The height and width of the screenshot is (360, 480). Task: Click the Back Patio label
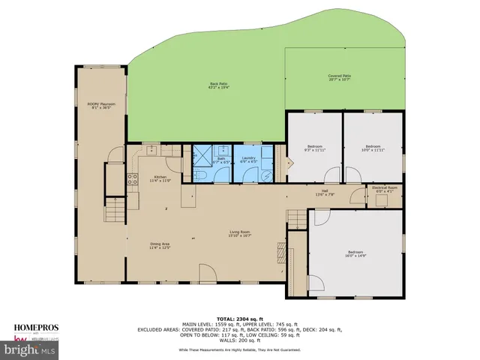pyautogui.click(x=219, y=85)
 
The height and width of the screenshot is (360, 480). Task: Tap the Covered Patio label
pyautogui.click(x=340, y=77)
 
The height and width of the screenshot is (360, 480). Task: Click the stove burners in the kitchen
pyautogui.click(x=133, y=179)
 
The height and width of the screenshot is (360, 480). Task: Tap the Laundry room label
pyautogui.click(x=249, y=159)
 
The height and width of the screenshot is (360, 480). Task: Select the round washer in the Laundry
pyautogui.click(x=265, y=172)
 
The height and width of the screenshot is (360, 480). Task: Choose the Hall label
pyautogui.click(x=325, y=192)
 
